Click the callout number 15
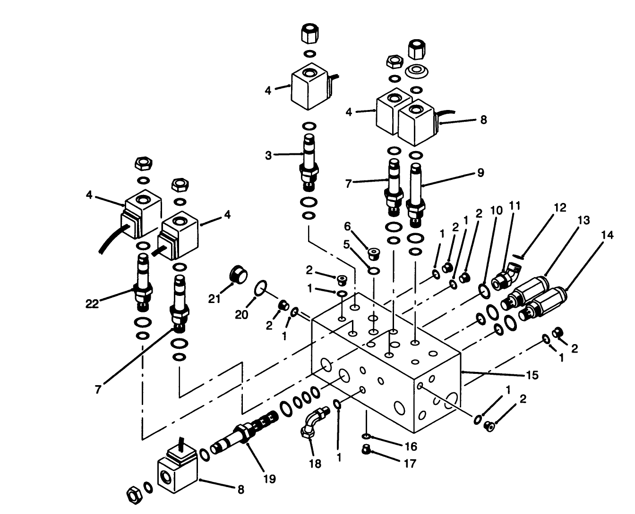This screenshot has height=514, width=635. click(532, 376)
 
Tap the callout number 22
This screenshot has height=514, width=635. click(92, 303)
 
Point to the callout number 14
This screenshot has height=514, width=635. click(608, 235)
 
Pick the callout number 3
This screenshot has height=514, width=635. click(268, 155)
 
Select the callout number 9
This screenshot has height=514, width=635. click(481, 173)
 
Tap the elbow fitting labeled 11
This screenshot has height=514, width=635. click(506, 278)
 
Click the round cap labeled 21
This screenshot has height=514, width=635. click(238, 275)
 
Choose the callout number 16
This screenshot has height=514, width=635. click(411, 446)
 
